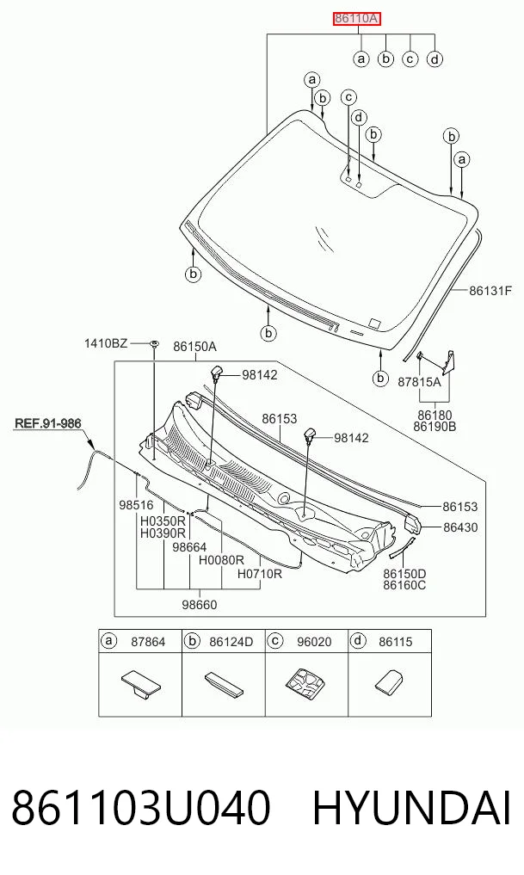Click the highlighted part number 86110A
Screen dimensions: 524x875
pos(357,19)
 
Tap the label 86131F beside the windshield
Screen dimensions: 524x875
pos(490,291)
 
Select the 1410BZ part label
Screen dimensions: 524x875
pos(106,343)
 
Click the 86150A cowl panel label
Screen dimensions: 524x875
pos(194,347)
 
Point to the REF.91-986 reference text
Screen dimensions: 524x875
pos(48,423)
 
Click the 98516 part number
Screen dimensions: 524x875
pos(136,505)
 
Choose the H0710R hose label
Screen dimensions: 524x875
pos(260,574)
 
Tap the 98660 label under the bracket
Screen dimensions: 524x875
pos(200,604)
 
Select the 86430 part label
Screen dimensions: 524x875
pos(460,527)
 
